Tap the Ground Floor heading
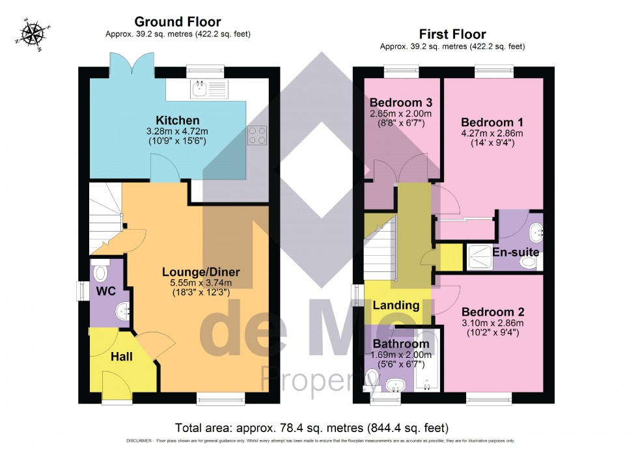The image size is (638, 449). tap(178, 23)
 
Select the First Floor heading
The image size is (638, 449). tap(452, 34)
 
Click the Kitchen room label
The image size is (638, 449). tap(177, 120)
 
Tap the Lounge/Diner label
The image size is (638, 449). tap(201, 272)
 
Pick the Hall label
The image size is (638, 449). tap(121, 357)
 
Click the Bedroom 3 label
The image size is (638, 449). tap(401, 102)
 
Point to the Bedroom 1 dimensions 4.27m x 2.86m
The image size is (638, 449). tap(492, 134)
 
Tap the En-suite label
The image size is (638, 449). tap(516, 251)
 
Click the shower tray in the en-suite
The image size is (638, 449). tap(480, 257)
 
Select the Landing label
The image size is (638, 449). tap(396, 305)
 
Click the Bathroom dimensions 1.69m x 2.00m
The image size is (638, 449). tap(400, 355)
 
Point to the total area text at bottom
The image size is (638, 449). tap(312, 428)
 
